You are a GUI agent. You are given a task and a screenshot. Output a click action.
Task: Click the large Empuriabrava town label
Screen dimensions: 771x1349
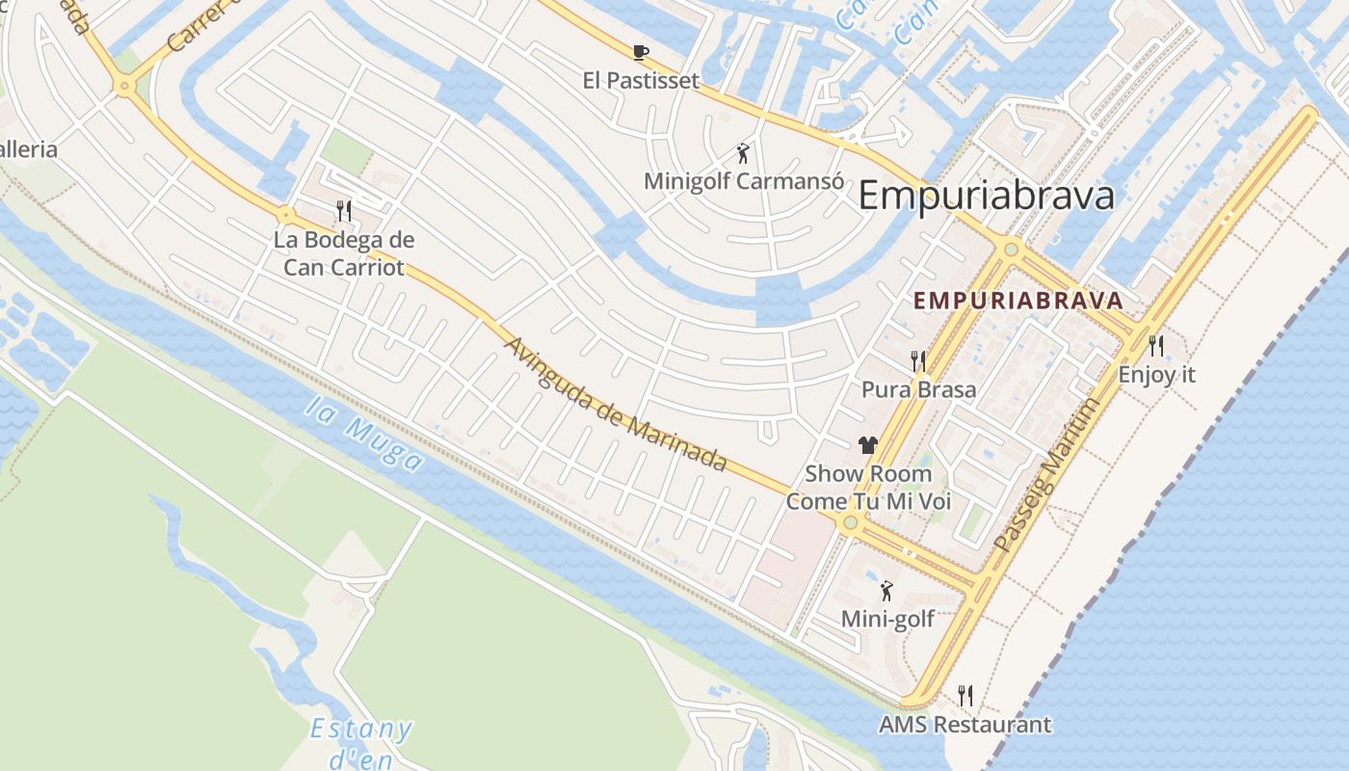click(x=986, y=196)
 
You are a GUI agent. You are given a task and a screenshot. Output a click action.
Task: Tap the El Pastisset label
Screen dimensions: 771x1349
click(x=641, y=80)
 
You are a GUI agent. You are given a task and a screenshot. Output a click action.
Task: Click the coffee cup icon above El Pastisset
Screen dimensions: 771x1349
click(x=641, y=52)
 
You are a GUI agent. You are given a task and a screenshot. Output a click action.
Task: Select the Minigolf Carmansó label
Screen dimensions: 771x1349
click(x=744, y=181)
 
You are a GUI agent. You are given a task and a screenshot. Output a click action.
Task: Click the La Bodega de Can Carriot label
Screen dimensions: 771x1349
click(x=343, y=253)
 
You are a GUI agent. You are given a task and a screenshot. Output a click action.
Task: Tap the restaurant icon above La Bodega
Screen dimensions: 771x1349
click(x=343, y=210)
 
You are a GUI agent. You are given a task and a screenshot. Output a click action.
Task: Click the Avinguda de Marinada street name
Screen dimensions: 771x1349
click(x=615, y=404)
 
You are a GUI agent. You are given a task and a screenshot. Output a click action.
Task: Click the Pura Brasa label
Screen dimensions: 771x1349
click(x=918, y=389)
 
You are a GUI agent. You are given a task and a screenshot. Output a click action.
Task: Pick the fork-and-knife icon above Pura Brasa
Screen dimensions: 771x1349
click(x=918, y=361)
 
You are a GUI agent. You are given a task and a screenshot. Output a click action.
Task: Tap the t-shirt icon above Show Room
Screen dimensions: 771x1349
click(x=868, y=445)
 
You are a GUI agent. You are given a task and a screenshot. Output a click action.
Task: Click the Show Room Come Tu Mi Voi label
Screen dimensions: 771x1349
click(x=868, y=488)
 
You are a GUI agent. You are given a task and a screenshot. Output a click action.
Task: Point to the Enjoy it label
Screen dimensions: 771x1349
click(x=1156, y=374)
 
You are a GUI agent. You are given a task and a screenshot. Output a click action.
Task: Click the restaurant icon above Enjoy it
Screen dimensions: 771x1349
click(x=1156, y=345)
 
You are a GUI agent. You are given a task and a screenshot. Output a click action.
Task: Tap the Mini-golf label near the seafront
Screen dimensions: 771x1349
click(x=887, y=619)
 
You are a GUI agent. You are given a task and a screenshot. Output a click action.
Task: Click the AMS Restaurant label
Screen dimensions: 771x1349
click(x=965, y=725)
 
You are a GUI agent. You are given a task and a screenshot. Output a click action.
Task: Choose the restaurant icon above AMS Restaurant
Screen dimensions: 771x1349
click(x=965, y=695)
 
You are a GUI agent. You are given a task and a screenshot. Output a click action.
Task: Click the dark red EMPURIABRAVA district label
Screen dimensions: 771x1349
click(x=1018, y=301)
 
